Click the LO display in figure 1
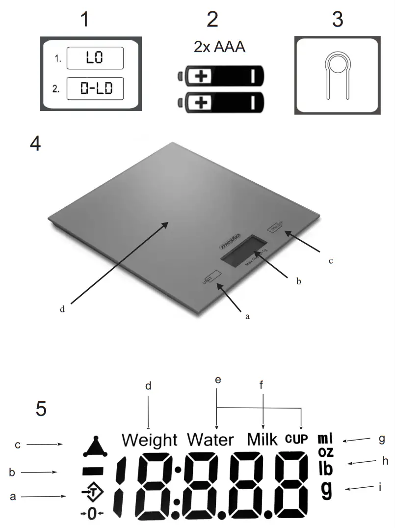pyautogui.click(x=95, y=58)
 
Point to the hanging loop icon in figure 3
pyautogui.click(x=337, y=74)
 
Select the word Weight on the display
pyautogui.click(x=149, y=439)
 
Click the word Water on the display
pyautogui.click(x=211, y=439)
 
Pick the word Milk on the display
pyautogui.click(x=263, y=438)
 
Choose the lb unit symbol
pyautogui.click(x=325, y=468)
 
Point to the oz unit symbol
pyautogui.click(x=326, y=452)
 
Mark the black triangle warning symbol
pyautogui.click(x=95, y=446)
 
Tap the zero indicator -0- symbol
pyautogui.click(x=92, y=514)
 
